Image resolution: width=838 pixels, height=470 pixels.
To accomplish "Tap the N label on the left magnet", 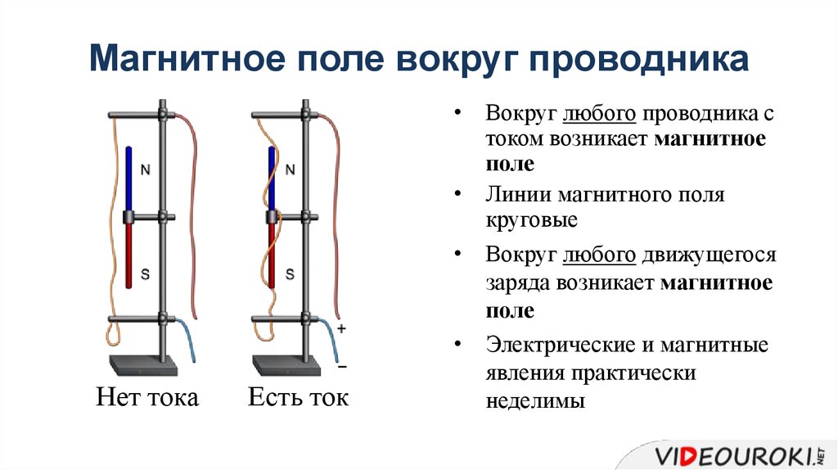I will [146, 171].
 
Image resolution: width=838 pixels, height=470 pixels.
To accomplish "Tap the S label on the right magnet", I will [289, 274].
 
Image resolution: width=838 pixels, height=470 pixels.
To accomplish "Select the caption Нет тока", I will [147, 398].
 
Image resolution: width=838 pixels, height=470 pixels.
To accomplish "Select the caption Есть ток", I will [298, 398].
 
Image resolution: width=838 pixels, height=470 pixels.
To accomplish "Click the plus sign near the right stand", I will [342, 328].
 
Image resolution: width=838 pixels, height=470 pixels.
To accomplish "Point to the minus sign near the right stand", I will [342, 365].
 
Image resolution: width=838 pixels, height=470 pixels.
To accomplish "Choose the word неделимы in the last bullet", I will [535, 401].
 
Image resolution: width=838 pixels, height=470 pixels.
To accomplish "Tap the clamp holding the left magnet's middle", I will [129, 217].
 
